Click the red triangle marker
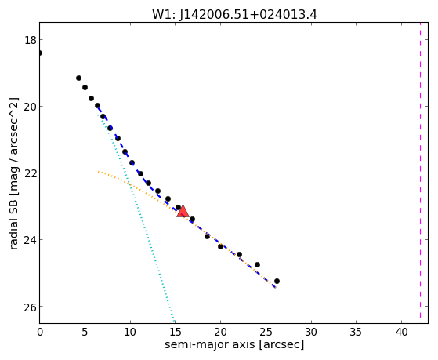coord(183,211)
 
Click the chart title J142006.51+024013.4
coord(248,15)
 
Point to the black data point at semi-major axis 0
coord(40,53)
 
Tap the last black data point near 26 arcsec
coord(277,281)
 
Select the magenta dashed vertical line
coord(420,170)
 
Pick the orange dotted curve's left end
coord(98,172)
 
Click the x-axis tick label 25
coord(266,332)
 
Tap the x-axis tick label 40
coord(401,332)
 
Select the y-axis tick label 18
coord(31,40)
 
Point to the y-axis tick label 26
coord(31,307)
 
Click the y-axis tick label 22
coord(31,173)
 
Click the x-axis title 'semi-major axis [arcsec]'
coord(234,344)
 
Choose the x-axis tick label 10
coord(130,332)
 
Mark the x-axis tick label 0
coord(40,332)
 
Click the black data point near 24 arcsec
coord(257,264)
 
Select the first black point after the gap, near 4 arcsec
coord(79,78)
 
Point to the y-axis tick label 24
coord(31,240)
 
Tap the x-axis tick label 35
coord(357,332)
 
